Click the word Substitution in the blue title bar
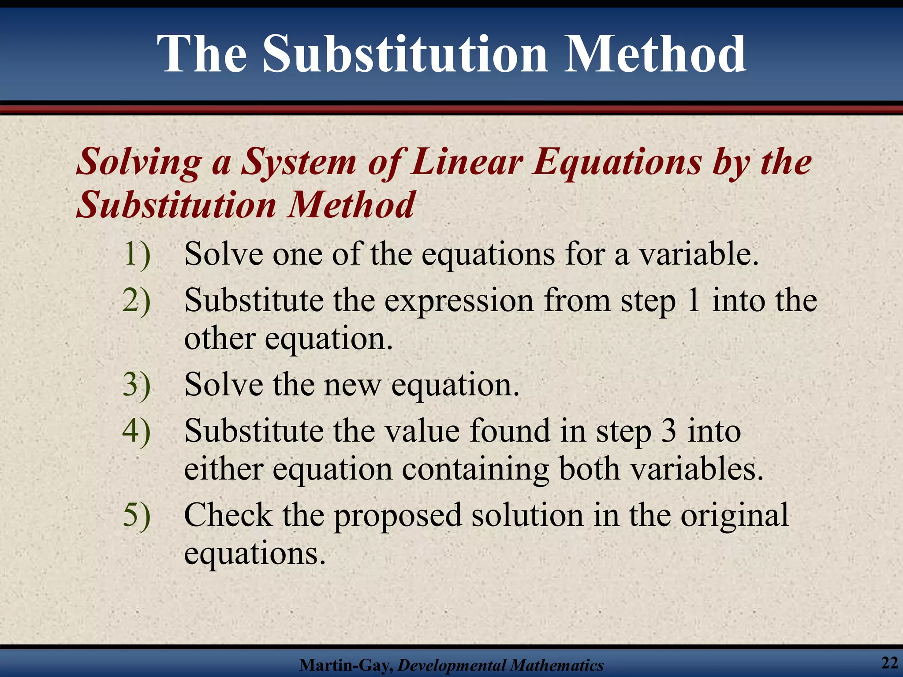click(x=405, y=55)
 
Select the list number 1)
click(x=137, y=254)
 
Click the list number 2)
click(x=137, y=301)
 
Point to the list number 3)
click(x=137, y=385)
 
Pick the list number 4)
click(x=137, y=431)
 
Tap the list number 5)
click(x=137, y=515)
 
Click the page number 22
click(x=889, y=663)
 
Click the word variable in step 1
click(x=699, y=254)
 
